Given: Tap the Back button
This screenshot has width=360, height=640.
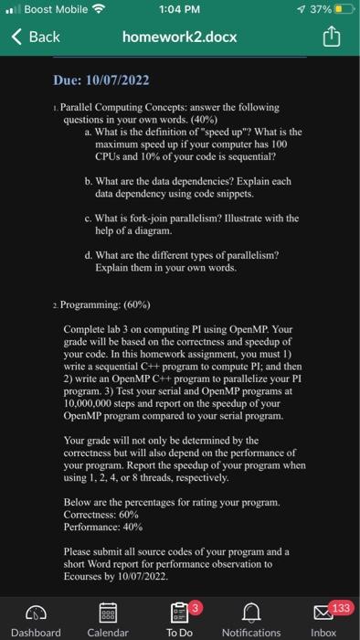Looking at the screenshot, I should [37, 37].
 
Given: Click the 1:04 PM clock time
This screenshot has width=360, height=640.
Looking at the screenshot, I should [179, 11].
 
